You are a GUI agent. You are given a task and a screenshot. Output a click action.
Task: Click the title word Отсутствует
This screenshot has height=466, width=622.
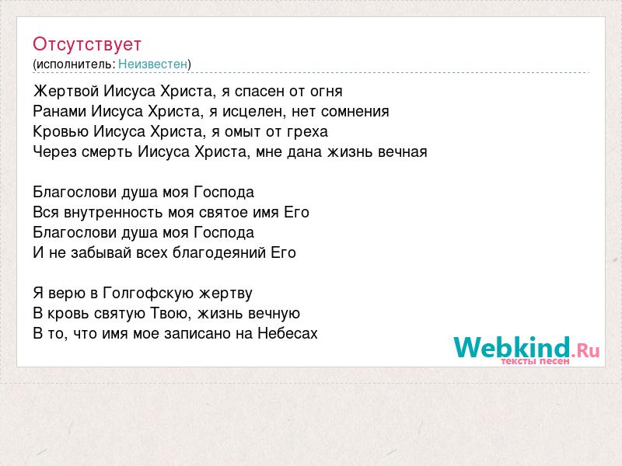[87, 44]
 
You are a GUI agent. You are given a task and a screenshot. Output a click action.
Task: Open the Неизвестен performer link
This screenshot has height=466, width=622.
[152, 64]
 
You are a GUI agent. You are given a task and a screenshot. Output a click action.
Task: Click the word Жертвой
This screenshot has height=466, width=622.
[66, 91]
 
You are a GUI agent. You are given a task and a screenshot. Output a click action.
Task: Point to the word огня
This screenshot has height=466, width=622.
[326, 92]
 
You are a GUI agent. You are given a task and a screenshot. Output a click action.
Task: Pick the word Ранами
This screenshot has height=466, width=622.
[60, 111]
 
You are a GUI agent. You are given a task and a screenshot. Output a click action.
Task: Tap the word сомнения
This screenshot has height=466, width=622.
[355, 112]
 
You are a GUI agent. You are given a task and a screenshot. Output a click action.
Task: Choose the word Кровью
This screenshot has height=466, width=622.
[61, 131]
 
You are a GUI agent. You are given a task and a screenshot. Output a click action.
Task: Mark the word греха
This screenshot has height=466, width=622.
[307, 132]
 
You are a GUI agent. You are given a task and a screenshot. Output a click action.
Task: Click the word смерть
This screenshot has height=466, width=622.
[107, 151]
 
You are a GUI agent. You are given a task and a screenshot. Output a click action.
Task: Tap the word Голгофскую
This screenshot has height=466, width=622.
[149, 294]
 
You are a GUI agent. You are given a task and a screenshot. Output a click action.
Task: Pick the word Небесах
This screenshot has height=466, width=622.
[288, 333]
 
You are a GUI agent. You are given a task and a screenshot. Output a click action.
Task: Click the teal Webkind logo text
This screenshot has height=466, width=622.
[512, 346]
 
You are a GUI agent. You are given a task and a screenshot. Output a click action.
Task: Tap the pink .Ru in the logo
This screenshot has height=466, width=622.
[585, 349]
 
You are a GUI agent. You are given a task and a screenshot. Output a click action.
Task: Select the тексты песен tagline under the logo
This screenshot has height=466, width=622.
[535, 361]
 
